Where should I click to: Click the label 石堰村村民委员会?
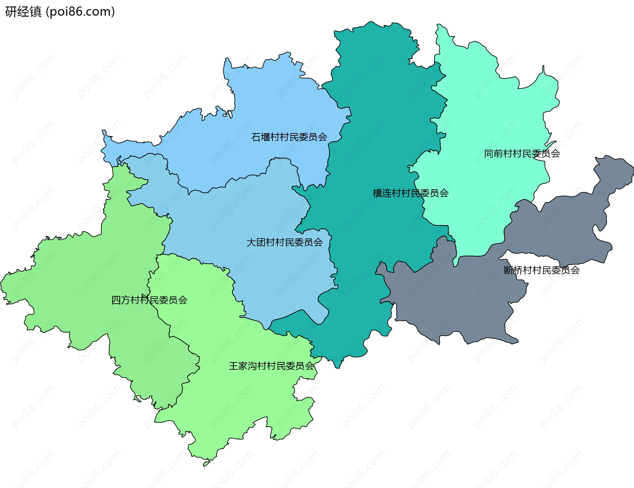coord(289,137)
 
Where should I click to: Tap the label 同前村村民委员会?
coord(522,153)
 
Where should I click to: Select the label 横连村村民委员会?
coord(410,193)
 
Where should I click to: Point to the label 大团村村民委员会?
coord(284,242)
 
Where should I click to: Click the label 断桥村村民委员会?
coord(542,270)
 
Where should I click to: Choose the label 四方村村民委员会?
coord(149,300)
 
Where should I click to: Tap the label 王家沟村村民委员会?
coord(271,366)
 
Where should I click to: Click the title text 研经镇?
coord(23,12)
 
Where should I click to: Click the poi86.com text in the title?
coord(80,12)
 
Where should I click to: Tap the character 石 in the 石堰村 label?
coord(256,137)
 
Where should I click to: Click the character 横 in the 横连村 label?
coord(377,193)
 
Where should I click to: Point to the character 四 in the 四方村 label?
coord(116,300)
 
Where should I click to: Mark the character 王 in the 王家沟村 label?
coord(233,366)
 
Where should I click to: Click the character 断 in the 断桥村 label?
coord(509,270)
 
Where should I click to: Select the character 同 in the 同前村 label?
coord(489,153)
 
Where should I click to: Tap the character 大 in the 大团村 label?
coord(251,242)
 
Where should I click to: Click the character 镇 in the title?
coord(35,12)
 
